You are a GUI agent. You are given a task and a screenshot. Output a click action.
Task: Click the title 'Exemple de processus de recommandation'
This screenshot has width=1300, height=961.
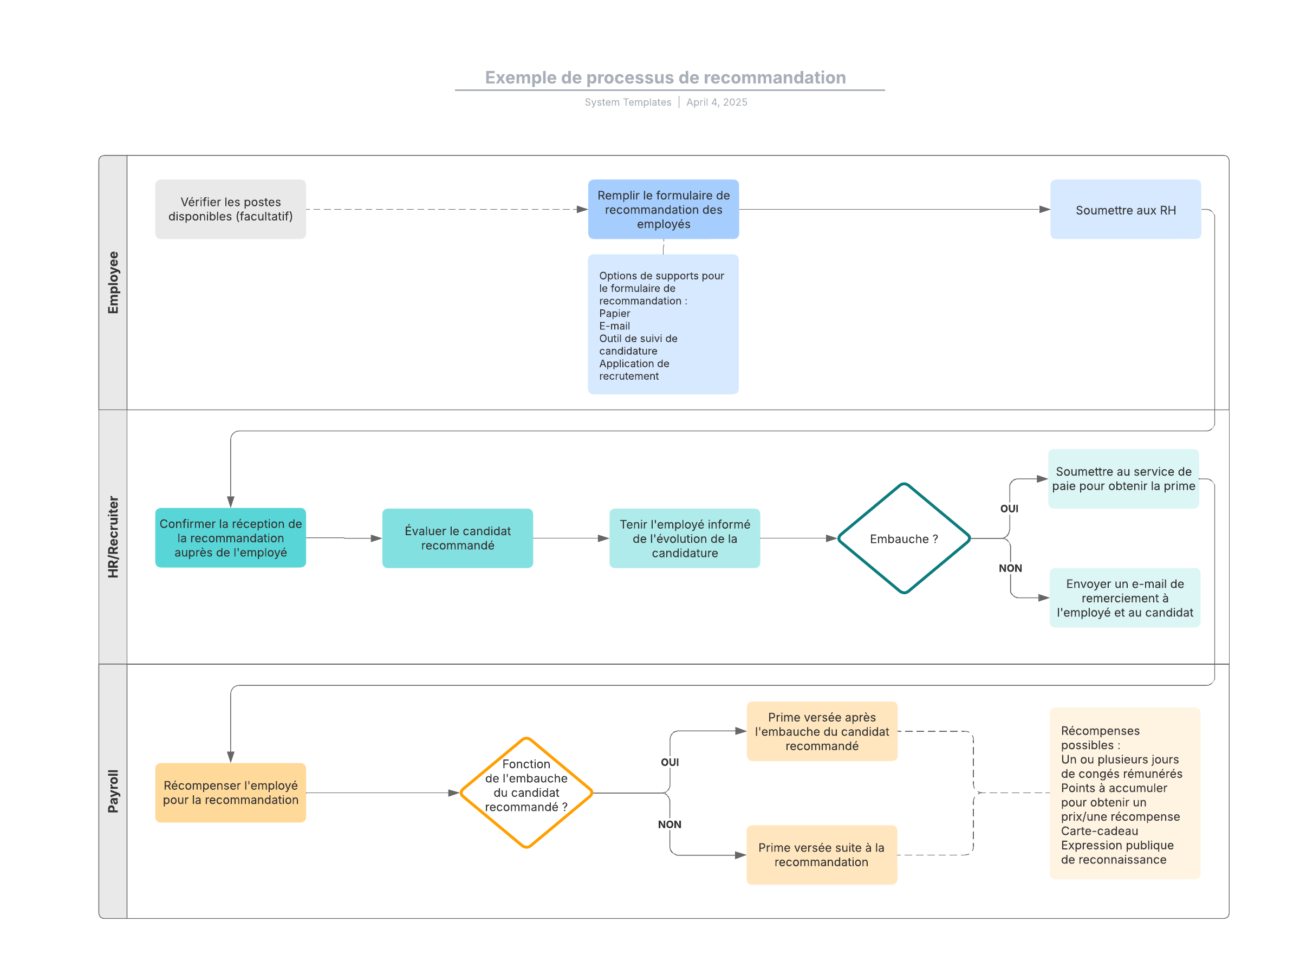click(x=665, y=77)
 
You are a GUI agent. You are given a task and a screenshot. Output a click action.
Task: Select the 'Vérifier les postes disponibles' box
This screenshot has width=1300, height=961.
click(x=230, y=209)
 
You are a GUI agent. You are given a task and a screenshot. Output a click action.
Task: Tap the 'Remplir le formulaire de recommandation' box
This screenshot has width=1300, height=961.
click(x=663, y=209)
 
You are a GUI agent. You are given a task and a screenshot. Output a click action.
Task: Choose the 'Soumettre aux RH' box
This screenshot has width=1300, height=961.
click(x=1125, y=209)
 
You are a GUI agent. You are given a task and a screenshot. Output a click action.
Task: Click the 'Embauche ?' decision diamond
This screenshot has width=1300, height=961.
click(x=903, y=538)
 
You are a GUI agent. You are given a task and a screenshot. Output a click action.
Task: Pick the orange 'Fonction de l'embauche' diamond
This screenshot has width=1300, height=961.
click(x=526, y=793)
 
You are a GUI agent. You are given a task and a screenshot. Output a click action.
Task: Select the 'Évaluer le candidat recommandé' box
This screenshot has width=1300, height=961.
click(x=457, y=538)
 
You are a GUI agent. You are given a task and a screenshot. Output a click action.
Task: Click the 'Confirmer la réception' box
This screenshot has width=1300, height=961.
click(x=230, y=537)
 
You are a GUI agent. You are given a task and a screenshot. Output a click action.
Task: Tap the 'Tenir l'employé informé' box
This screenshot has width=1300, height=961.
click(x=685, y=538)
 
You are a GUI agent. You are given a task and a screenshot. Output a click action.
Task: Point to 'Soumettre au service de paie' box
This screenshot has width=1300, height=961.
click(x=1123, y=479)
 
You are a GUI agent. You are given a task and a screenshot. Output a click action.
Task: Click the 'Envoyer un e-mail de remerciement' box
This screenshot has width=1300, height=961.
click(x=1124, y=598)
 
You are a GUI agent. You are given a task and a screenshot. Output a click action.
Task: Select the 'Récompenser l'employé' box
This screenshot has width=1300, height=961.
click(x=230, y=793)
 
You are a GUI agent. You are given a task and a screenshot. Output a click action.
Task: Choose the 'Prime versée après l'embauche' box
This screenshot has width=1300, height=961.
click(x=821, y=731)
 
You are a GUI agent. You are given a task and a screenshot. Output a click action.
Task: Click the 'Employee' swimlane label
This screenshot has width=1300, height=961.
click(x=113, y=283)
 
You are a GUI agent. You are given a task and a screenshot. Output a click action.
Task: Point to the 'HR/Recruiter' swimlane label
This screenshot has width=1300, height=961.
click(x=113, y=537)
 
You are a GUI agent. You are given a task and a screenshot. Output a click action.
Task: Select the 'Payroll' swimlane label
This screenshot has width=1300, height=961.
click(x=113, y=791)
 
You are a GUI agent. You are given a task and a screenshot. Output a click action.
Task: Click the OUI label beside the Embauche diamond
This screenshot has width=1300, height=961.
click(x=1009, y=509)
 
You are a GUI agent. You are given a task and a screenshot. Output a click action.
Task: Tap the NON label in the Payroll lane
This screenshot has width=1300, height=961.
click(x=669, y=824)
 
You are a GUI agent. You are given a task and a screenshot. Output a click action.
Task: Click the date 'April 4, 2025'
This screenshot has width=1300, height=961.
click(x=716, y=102)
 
